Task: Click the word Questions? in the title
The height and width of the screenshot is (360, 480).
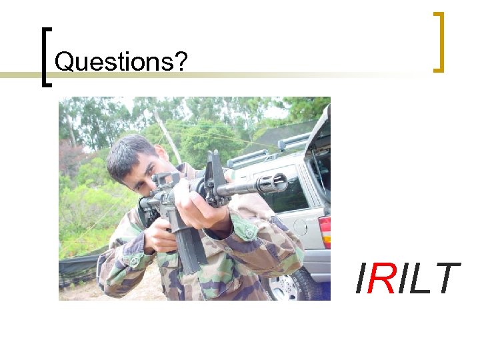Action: (121, 62)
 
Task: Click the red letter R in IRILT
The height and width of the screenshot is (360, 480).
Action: (382, 278)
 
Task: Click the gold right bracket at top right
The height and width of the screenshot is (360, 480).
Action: (438, 41)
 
